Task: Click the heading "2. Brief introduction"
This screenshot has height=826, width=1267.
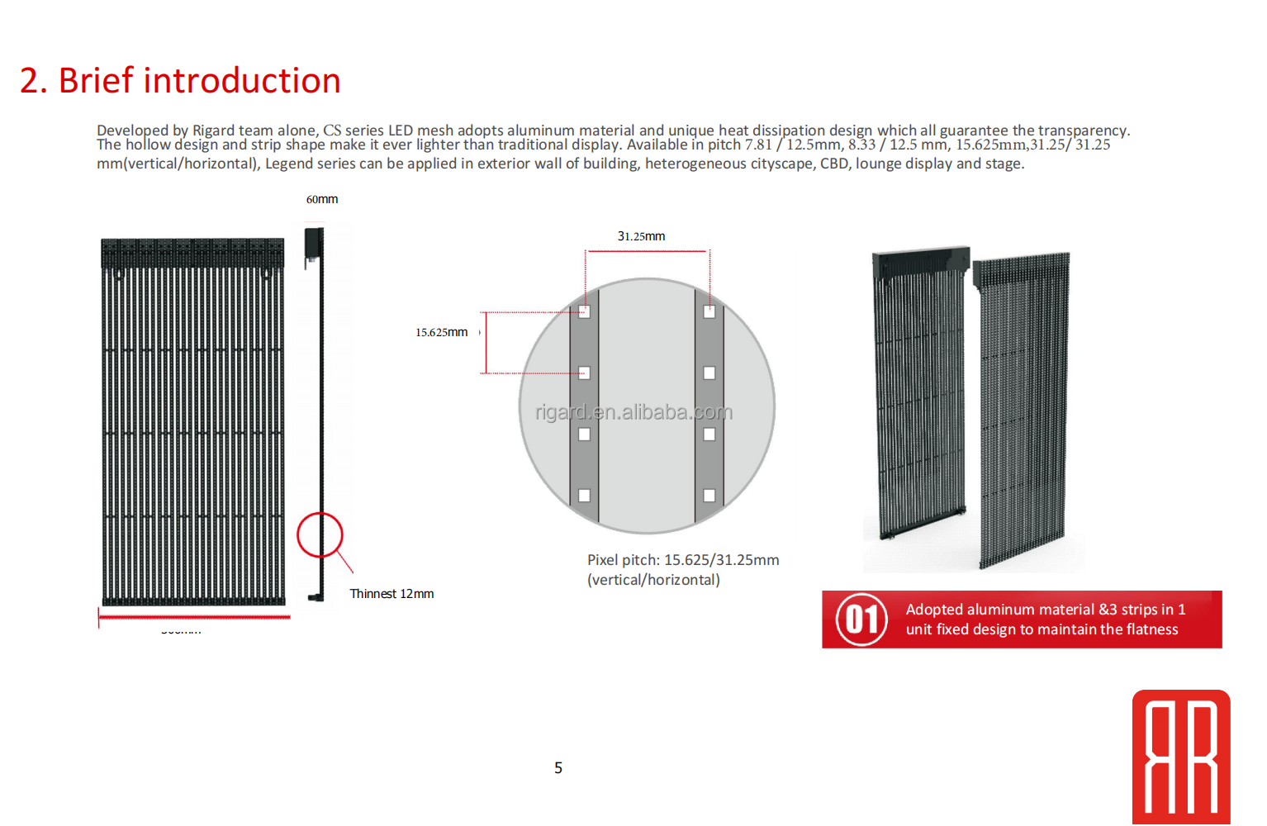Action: [180, 81]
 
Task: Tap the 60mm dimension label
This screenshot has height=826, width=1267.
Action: [322, 199]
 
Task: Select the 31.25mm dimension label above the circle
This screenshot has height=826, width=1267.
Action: [641, 236]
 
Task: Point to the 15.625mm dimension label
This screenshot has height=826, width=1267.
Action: [441, 332]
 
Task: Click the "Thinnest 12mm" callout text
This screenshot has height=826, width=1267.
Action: [391, 594]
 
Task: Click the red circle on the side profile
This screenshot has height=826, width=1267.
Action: [320, 534]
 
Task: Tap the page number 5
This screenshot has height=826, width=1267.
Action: [558, 768]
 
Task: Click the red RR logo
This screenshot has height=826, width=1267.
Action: [1181, 757]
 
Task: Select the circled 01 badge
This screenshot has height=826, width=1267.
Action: [861, 619]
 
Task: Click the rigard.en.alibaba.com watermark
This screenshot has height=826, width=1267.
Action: [633, 412]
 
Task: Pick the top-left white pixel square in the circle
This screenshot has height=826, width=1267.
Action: [584, 312]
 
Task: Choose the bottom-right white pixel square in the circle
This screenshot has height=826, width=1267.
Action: [709, 496]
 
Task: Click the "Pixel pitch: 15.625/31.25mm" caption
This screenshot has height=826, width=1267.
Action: [683, 560]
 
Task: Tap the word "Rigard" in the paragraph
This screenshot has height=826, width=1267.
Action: [213, 131]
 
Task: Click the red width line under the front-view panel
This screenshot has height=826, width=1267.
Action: [194, 616]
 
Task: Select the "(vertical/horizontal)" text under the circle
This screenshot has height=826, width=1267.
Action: [653, 580]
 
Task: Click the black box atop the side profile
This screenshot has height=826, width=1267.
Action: [313, 243]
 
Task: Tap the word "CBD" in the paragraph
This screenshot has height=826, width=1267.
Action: [834, 164]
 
